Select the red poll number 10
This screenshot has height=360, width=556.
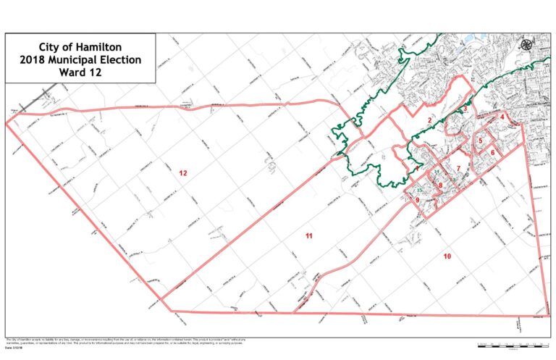point(447,256)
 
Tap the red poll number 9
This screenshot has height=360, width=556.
point(418,199)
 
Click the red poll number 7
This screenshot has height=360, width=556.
point(458,168)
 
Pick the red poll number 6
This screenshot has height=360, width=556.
point(493,153)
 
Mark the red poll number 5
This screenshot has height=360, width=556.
point(480,141)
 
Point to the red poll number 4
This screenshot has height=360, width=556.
point(502,116)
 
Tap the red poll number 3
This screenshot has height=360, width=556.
point(466,109)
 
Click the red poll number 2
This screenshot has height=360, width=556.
point(429,120)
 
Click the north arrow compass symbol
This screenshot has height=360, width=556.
point(526,45)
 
